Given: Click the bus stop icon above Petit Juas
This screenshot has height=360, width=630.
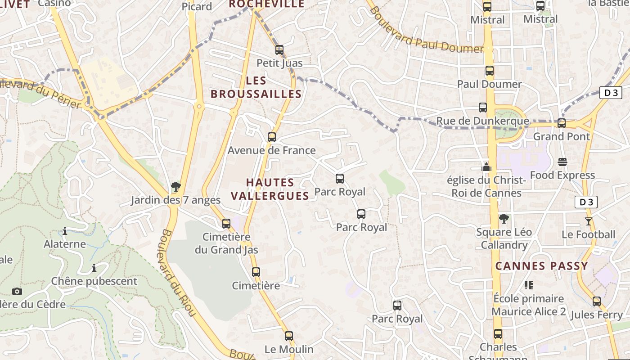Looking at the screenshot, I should tap(279, 50).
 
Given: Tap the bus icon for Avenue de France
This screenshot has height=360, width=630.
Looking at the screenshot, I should tap(272, 137).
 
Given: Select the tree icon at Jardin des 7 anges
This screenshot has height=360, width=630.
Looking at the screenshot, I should tap(176, 187).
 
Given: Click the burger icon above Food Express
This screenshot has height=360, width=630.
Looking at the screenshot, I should tap(562, 162).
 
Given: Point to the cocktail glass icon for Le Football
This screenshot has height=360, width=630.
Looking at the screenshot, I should tap(588, 221).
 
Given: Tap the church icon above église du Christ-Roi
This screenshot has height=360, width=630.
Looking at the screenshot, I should tap(486, 167).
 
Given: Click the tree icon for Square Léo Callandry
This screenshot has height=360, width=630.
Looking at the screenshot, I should tap(504, 219).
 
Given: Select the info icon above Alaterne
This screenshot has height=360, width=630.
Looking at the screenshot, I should tap(65, 231).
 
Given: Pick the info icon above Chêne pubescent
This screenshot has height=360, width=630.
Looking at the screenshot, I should tap(94, 268).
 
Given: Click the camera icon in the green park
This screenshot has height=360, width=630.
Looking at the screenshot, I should tap(17, 291).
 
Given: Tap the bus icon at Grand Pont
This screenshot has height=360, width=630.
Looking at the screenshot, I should tap(562, 123).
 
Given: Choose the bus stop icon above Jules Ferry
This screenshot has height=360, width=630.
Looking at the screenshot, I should tap(597, 301).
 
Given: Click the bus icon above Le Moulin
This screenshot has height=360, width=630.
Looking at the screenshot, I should tap(289, 336).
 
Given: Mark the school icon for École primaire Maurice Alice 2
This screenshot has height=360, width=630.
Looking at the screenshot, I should tap(528, 285).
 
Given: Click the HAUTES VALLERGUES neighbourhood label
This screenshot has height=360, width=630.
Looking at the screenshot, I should tap(277, 189).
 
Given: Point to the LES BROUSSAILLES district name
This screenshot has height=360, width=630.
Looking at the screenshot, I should tap(256, 87).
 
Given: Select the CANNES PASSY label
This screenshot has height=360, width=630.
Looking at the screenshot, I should tap(542, 266).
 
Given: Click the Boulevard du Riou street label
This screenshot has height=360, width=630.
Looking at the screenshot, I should tap(177, 273).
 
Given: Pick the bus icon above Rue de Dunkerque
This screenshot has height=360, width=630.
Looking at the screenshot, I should tap(483, 108).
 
